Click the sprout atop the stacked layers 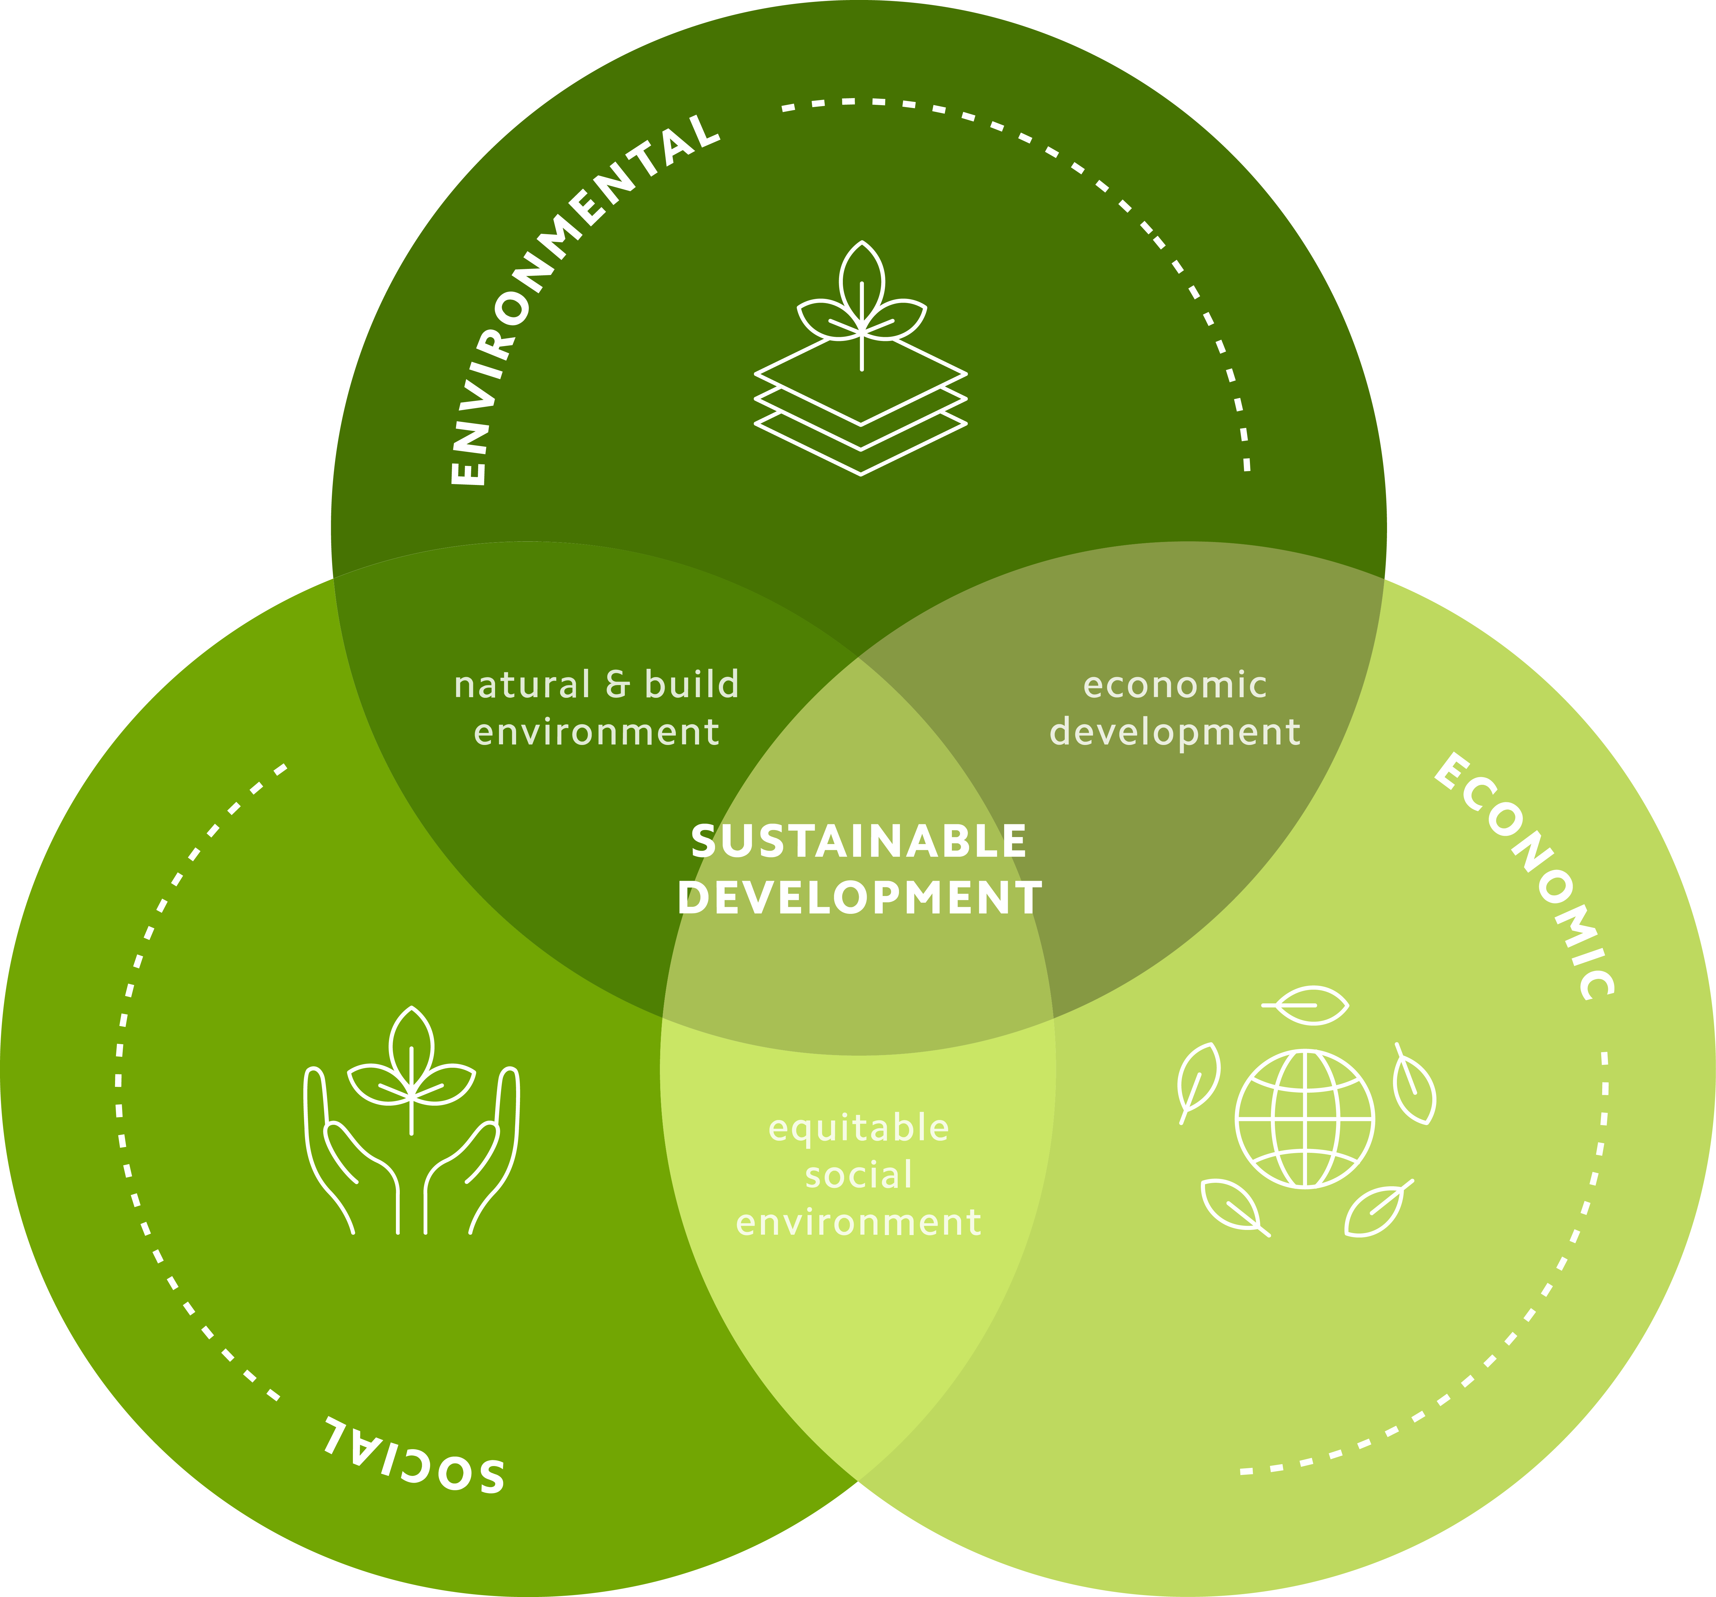(861, 298)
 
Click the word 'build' (691, 684)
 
